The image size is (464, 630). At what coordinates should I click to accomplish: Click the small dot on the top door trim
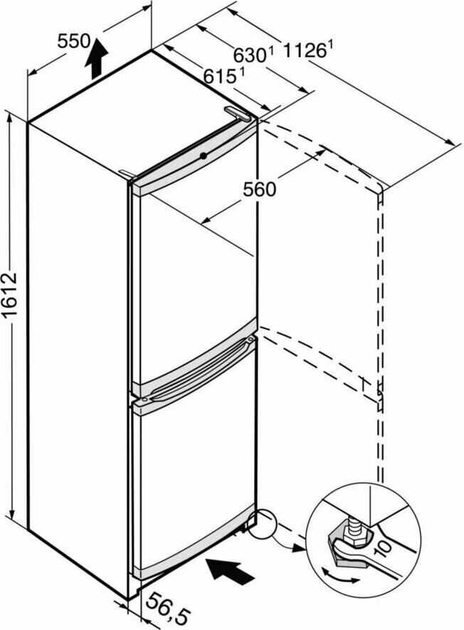click(204, 155)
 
